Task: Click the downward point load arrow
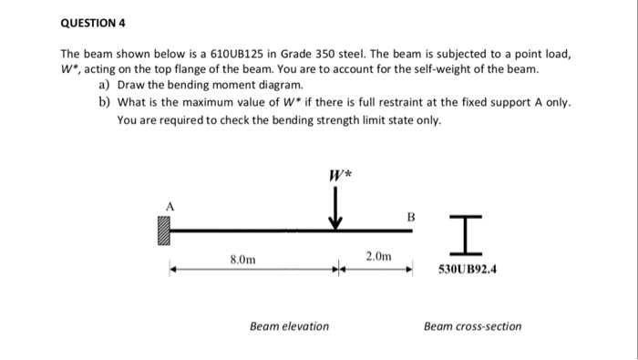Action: (x=335, y=206)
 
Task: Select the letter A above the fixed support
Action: (x=168, y=206)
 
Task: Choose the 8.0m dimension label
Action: (x=242, y=259)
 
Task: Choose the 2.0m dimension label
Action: (x=377, y=257)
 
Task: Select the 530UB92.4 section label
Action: (x=472, y=270)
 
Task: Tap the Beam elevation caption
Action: (x=289, y=325)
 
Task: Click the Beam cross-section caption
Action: (x=472, y=325)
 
